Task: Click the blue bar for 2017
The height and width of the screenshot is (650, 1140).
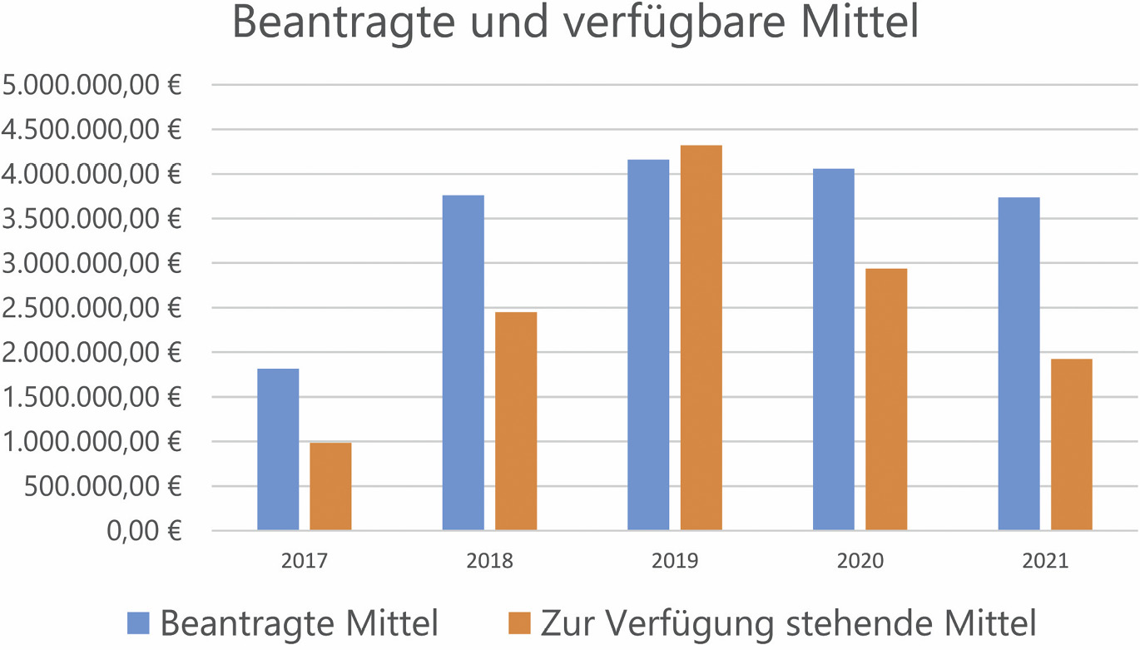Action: tap(278, 449)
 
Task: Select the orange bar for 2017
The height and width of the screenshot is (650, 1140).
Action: tap(330, 487)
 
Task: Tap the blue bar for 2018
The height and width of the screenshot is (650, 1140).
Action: tap(463, 363)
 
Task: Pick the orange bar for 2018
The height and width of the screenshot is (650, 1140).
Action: tap(516, 421)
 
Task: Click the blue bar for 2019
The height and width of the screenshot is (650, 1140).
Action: tap(648, 345)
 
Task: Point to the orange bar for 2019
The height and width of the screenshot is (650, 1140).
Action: tap(701, 338)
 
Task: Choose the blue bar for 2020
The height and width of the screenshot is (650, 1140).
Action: tap(834, 350)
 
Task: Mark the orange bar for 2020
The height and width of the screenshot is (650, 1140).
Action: tap(886, 399)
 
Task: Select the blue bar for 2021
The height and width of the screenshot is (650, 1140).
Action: tap(1019, 364)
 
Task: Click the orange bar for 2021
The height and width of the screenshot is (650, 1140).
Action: tap(1072, 444)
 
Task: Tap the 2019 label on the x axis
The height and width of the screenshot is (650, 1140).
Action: tap(675, 561)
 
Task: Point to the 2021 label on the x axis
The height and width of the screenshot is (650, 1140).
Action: tap(1045, 561)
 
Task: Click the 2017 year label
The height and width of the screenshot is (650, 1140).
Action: tap(305, 561)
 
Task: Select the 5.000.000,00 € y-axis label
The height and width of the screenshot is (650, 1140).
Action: tap(92, 86)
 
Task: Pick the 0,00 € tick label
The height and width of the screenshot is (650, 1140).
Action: tap(144, 531)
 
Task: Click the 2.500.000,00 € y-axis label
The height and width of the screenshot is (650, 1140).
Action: tap(92, 309)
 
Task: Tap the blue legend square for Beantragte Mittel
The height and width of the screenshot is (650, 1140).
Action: tap(138, 623)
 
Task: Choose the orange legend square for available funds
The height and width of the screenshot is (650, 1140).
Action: tap(519, 623)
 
